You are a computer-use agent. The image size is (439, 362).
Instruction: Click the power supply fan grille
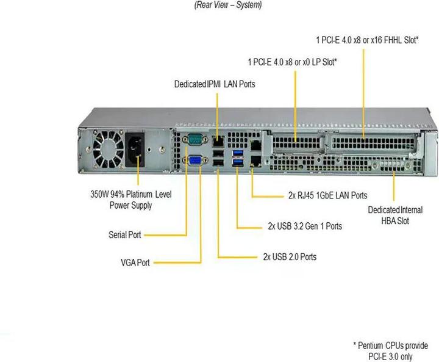tap(108, 150)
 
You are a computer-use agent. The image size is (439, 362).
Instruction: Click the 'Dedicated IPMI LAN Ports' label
tap(214, 84)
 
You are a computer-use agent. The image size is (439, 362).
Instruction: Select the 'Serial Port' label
tap(126, 234)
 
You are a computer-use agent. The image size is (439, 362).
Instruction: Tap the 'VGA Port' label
tap(135, 262)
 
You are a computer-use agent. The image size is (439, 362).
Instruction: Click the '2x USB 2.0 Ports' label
tap(290, 257)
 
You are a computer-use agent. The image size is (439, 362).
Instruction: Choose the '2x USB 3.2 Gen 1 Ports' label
tap(305, 226)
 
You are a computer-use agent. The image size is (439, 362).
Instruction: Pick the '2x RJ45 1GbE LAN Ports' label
tap(327, 196)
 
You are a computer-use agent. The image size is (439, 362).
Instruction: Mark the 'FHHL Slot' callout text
tap(367, 40)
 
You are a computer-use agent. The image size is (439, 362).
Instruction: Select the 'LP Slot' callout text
tap(293, 62)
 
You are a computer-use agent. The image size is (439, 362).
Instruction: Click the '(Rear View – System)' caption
tap(228, 5)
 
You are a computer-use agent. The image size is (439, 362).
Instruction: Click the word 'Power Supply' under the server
tap(130, 206)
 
